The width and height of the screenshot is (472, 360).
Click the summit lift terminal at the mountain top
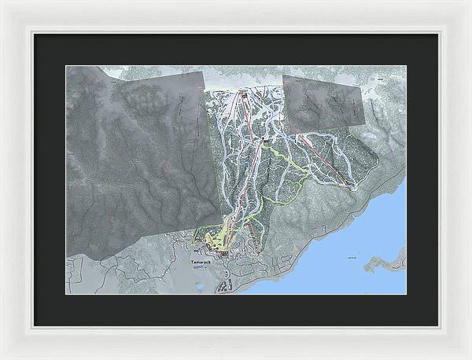[x=244, y=95]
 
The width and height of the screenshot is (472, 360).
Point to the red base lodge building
[x=225, y=254]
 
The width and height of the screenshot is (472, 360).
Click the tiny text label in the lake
[x=352, y=256]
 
